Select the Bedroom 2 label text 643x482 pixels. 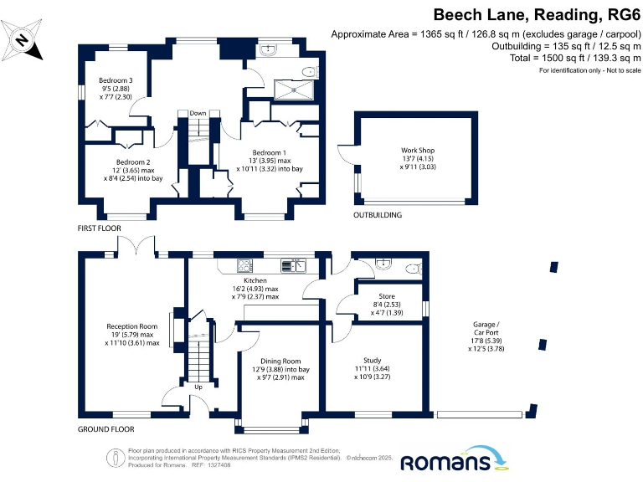133,162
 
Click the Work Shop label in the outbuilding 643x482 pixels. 418,151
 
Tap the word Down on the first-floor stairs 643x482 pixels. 198,113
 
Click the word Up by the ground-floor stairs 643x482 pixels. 198,387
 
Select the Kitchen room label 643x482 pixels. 255,280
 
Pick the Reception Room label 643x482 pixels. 131,326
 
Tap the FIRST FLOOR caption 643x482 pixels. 99,228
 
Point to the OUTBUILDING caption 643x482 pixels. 378,215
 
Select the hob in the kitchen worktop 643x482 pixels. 245,266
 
